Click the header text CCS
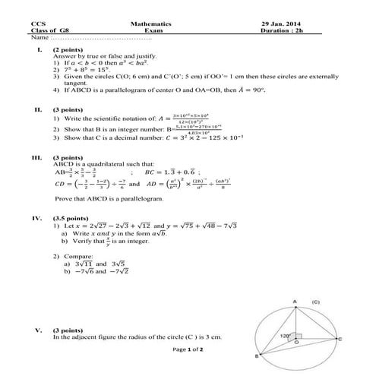click(38, 24)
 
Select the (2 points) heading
click(68, 49)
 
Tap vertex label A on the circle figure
click(296, 301)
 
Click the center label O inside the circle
click(296, 344)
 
